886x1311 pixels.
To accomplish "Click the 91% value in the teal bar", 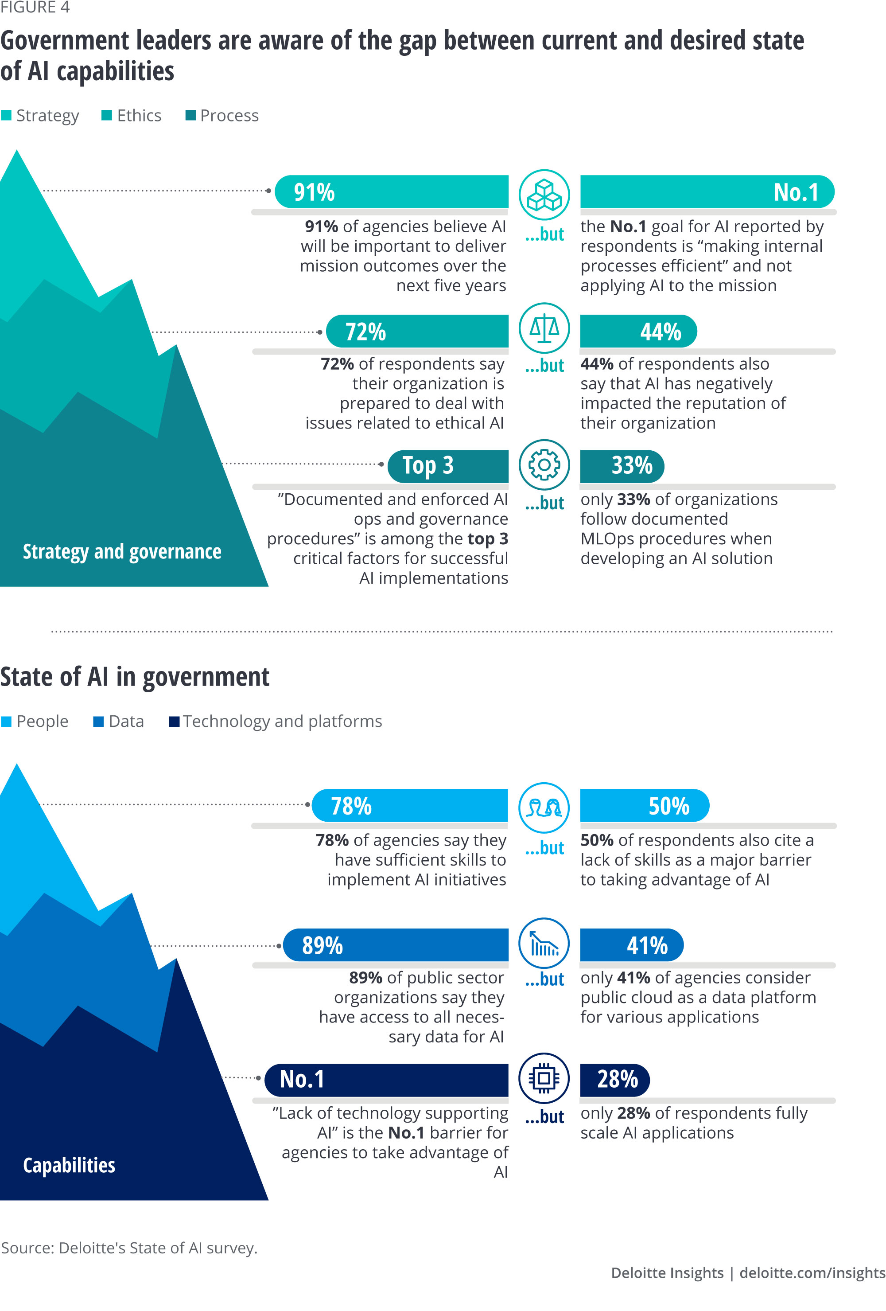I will pos(314,192).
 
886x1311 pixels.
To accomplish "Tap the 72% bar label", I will pos(365,332).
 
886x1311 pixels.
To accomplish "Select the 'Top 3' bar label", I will pos(427,466).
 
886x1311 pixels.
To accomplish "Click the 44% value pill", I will pos(661,332).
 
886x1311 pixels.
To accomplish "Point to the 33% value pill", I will pos(632,466).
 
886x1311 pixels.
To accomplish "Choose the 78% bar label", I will pos(351,806).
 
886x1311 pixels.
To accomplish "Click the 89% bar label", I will pos(322,945).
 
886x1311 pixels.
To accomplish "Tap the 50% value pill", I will pos(668,806).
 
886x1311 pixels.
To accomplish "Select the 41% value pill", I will pos(647,945).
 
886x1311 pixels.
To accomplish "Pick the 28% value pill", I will pos(617,1079).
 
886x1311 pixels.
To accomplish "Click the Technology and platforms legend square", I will pos(174,722).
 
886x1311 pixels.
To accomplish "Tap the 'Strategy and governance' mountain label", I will pos(122,551).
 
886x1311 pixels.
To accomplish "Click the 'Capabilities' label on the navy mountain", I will pos(69,1165).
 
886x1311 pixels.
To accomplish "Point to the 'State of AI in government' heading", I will pos(135,676).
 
